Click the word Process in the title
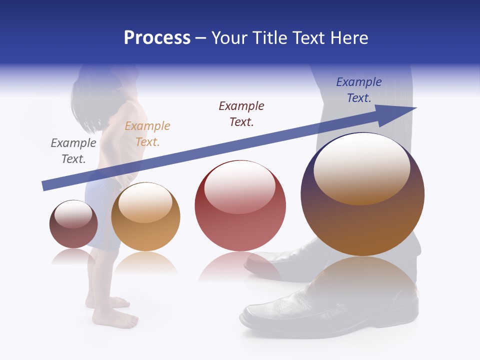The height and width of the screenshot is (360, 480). point(157,38)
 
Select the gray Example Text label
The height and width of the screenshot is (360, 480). point(73,151)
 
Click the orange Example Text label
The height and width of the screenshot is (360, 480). point(147,134)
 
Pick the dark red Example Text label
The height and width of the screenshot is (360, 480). point(241,114)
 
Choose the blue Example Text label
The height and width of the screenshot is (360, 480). point(359,90)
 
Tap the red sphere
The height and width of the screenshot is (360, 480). point(240,225)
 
